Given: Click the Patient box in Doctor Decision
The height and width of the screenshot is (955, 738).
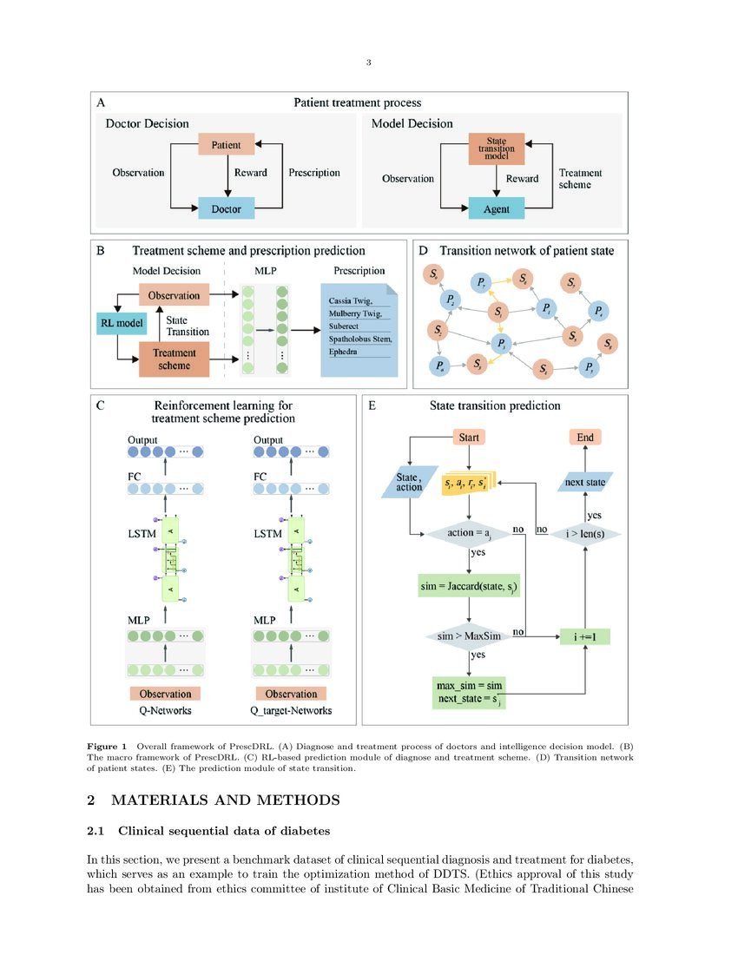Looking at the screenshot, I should click(x=226, y=145).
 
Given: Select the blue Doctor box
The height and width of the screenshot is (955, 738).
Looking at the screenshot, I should click(x=226, y=208).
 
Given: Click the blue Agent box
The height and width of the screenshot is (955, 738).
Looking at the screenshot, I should click(x=497, y=209).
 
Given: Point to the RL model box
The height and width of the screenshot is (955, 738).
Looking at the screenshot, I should click(x=119, y=325).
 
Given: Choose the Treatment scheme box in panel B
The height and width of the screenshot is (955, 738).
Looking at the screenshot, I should click(x=175, y=359).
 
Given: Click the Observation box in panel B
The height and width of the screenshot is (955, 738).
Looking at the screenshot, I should click(x=174, y=295).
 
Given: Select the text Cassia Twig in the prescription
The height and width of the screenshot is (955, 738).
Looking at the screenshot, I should click(x=349, y=300).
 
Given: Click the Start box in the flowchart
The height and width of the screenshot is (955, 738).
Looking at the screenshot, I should click(x=468, y=437).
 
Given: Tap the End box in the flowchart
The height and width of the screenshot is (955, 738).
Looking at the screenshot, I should click(x=585, y=437).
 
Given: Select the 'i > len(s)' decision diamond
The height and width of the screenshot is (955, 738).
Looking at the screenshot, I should click(x=585, y=532).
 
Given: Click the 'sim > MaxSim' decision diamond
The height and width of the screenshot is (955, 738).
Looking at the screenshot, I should click(x=468, y=636).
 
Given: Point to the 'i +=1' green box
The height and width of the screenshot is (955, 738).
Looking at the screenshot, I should click(x=585, y=637).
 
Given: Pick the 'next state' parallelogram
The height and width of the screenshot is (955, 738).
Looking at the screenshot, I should click(x=585, y=481).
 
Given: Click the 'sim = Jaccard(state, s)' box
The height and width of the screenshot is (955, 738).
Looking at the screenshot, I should click(x=468, y=587).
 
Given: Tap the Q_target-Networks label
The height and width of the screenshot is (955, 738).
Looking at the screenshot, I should click(x=291, y=710).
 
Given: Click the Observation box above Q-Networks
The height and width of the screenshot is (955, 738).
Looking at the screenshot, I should click(x=165, y=694).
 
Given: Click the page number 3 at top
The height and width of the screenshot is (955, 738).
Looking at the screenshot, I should click(x=369, y=63).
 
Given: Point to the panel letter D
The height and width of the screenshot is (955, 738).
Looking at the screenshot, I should click(x=423, y=251).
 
